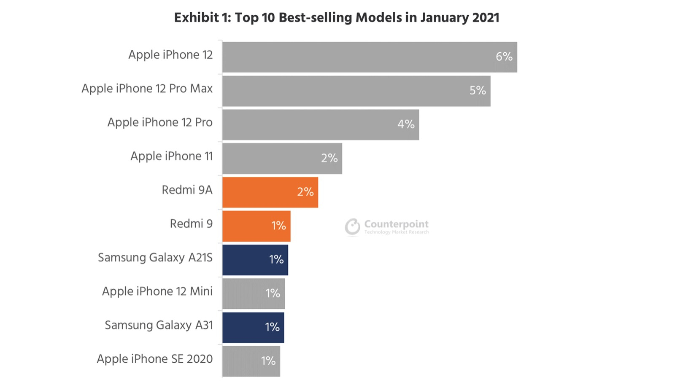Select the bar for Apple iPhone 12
pyautogui.click(x=359, y=57)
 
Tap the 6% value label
pyautogui.click(x=504, y=57)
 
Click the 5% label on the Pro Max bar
pyautogui.click(x=478, y=90)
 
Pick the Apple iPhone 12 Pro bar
pyautogui.click(x=312, y=124)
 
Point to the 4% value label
pyautogui.click(x=406, y=124)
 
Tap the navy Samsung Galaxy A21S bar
pyautogui.click(x=245, y=260)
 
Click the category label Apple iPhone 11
pyautogui.click(x=171, y=156)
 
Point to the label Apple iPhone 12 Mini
pyautogui.click(x=157, y=291)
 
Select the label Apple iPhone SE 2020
pyautogui.click(x=154, y=359)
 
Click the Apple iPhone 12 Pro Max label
pyautogui.click(x=147, y=89)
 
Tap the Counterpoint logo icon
pyautogui.click(x=352, y=226)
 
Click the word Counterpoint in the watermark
pyautogui.click(x=396, y=224)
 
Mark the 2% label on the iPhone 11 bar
pyautogui.click(x=329, y=158)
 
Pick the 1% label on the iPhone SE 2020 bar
pyautogui.click(x=268, y=361)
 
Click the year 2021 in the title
pyautogui.click(x=486, y=18)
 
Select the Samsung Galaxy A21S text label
pyautogui.click(x=155, y=258)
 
